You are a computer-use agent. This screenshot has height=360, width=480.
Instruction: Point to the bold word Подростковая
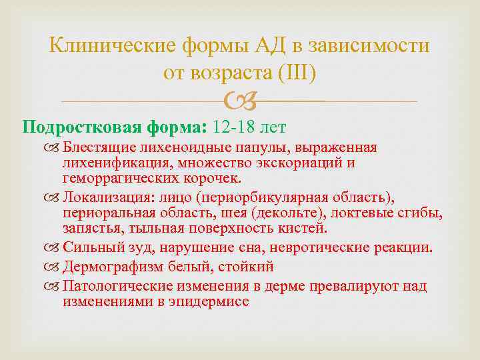point(67,125)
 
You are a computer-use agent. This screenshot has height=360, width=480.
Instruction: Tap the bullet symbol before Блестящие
point(55,147)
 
